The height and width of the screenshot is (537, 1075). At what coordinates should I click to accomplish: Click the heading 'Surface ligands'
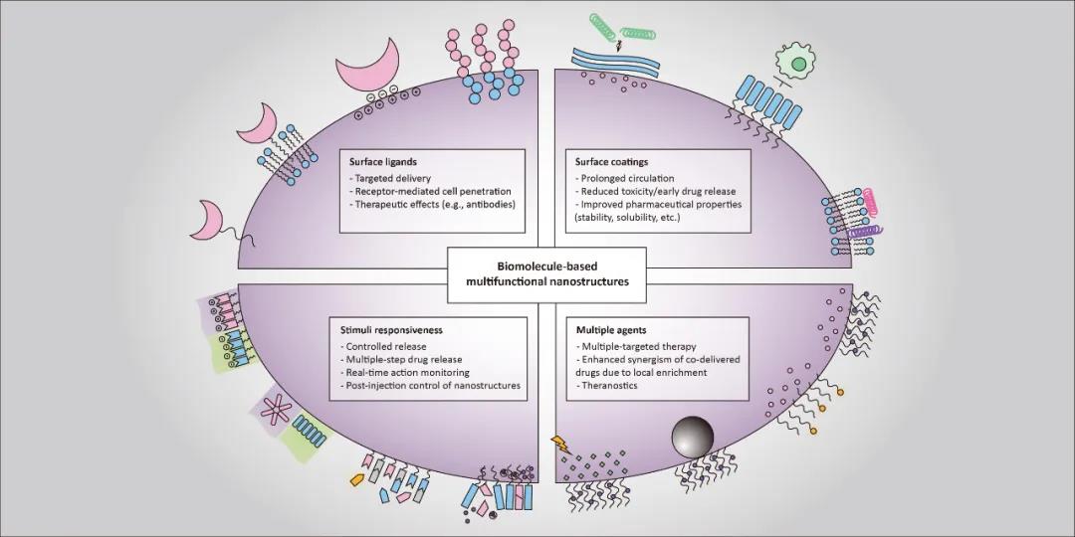384,160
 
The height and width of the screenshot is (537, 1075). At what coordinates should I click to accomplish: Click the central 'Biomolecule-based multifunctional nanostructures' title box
545,273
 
